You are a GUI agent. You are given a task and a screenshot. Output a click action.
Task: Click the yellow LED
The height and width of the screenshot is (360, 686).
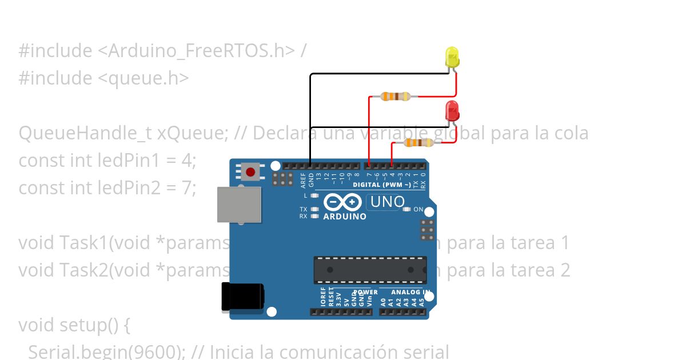452,58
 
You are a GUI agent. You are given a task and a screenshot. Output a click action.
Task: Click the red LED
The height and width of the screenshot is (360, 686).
452,111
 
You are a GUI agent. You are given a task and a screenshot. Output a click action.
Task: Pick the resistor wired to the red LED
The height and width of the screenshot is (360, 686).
418,143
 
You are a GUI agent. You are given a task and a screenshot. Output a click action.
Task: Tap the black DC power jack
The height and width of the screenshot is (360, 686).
242,298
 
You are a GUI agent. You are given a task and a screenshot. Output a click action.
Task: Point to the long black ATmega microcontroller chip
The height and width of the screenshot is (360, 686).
370,270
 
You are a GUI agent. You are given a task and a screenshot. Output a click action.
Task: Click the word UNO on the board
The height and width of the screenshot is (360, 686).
388,202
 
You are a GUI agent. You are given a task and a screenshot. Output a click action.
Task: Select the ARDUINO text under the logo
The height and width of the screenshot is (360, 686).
345,217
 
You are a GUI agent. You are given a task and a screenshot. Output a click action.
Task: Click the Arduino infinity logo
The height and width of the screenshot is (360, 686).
342,202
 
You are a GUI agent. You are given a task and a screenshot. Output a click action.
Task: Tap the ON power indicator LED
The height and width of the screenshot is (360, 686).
406,209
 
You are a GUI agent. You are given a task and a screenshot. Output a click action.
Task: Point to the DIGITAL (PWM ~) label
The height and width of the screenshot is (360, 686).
381,185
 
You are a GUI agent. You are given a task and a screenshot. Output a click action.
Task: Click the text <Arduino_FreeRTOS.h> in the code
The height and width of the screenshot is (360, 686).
197,51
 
